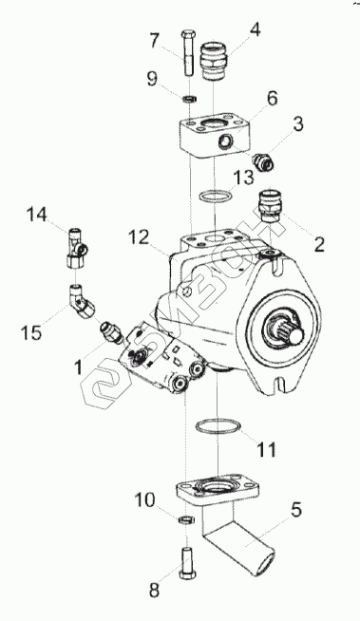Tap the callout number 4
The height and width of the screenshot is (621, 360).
(x=255, y=29)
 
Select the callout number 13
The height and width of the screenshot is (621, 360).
(x=243, y=178)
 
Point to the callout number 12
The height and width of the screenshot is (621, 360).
(x=139, y=237)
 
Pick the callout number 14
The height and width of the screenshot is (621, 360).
(x=37, y=215)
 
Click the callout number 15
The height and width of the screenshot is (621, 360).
(x=31, y=332)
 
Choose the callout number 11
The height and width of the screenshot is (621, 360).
(x=265, y=449)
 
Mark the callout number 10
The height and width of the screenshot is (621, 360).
(x=144, y=499)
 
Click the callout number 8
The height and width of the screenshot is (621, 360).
(x=154, y=590)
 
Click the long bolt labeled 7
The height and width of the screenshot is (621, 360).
(x=188, y=53)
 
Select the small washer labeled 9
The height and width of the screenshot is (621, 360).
(x=190, y=98)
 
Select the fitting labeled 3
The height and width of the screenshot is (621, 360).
(x=262, y=161)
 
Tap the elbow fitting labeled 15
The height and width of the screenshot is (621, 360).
(x=83, y=304)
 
